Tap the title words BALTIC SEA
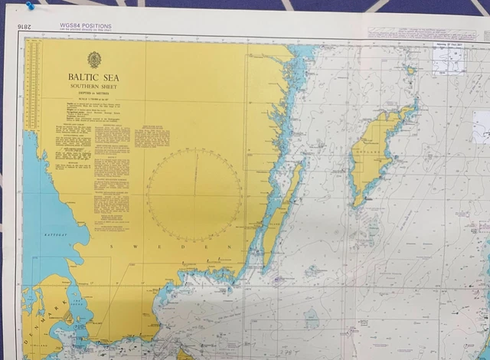pos(93,77)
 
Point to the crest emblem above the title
pos(93,60)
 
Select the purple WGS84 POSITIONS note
pos(85,26)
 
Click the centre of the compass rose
pos(194,195)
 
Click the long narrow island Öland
pos(279,214)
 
